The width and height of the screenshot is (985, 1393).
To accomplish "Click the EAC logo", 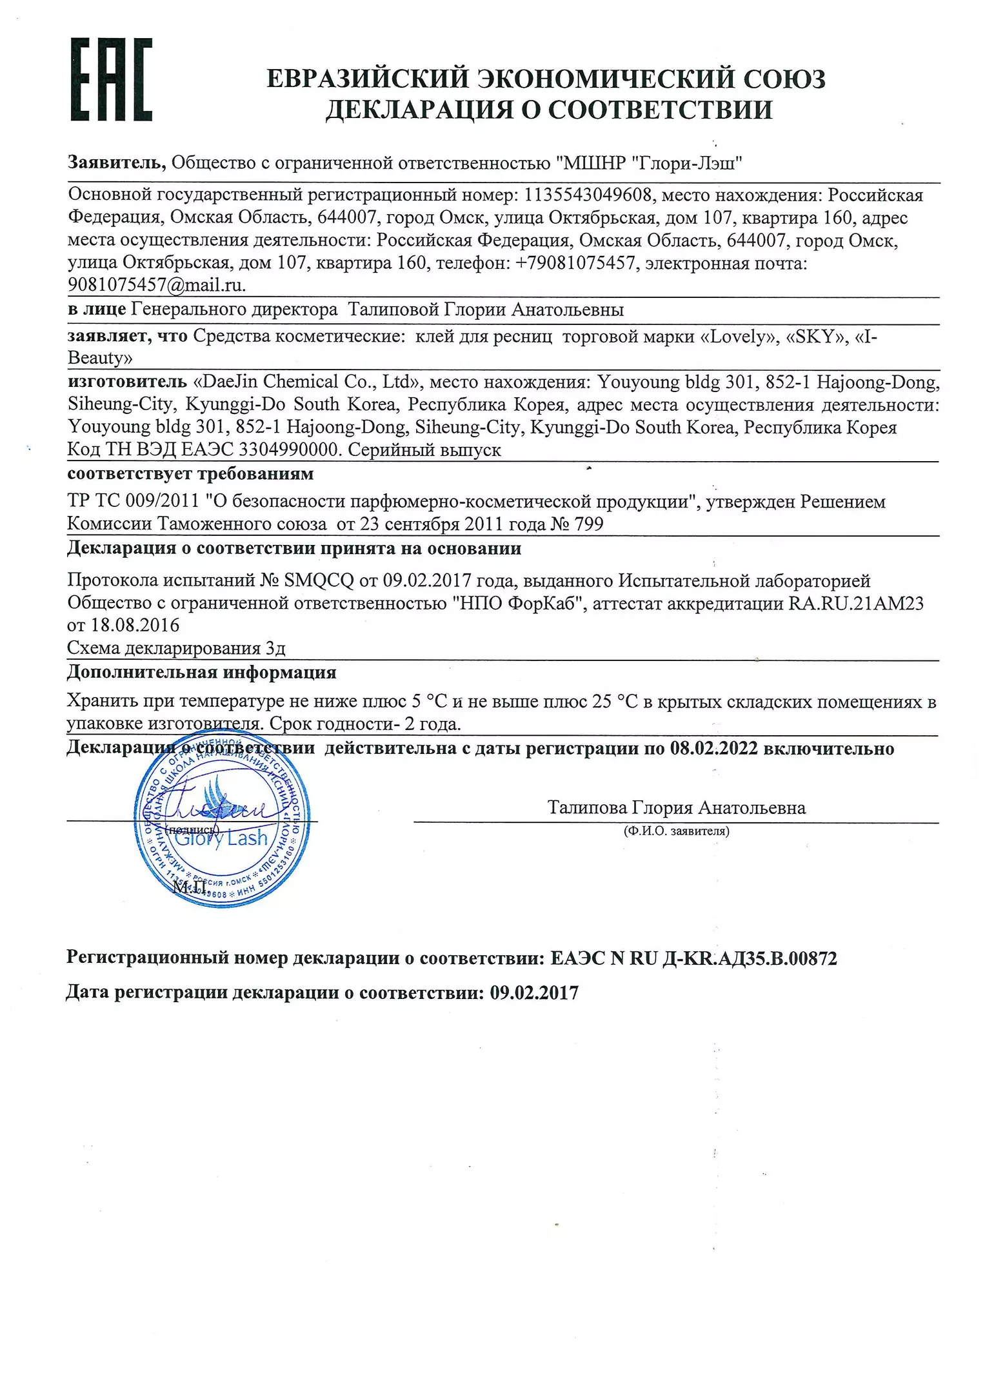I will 111,80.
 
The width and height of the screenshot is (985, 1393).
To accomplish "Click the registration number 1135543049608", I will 589,195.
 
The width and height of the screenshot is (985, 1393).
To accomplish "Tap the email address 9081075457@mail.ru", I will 157,284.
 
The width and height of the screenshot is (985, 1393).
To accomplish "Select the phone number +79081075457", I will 575,263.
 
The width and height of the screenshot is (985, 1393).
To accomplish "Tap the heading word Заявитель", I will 116,163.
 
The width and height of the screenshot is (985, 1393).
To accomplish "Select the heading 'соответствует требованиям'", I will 190,473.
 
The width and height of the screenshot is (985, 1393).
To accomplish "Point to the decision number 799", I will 588,524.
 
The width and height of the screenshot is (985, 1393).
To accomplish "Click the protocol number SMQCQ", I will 319,580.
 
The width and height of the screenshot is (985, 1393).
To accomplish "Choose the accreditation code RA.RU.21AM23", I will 856,603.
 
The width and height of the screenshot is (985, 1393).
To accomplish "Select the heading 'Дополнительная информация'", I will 202,673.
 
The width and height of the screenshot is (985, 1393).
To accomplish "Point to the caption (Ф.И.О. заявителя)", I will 676,831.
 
